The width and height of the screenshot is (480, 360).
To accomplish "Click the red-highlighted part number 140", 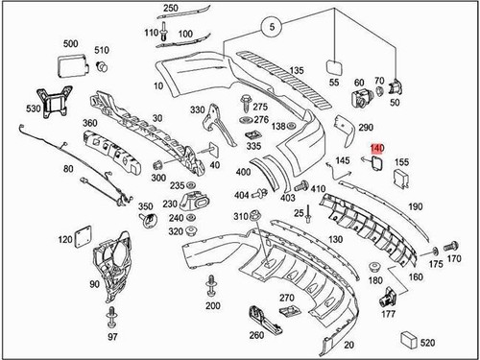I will click(x=376, y=149).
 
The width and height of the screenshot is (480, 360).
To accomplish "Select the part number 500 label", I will click(x=70, y=45).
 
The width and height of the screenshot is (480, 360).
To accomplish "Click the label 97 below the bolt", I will click(x=112, y=337).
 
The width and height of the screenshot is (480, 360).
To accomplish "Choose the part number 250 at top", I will click(x=170, y=8).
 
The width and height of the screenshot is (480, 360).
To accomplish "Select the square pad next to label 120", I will click(x=83, y=233).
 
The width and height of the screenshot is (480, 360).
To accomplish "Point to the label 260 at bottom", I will click(x=255, y=336).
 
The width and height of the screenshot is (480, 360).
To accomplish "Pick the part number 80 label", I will click(x=68, y=169).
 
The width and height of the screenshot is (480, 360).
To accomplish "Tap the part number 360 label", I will click(x=89, y=123).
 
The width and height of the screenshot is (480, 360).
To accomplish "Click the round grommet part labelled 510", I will click(x=102, y=66).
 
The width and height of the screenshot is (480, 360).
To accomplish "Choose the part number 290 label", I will click(x=365, y=127).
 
